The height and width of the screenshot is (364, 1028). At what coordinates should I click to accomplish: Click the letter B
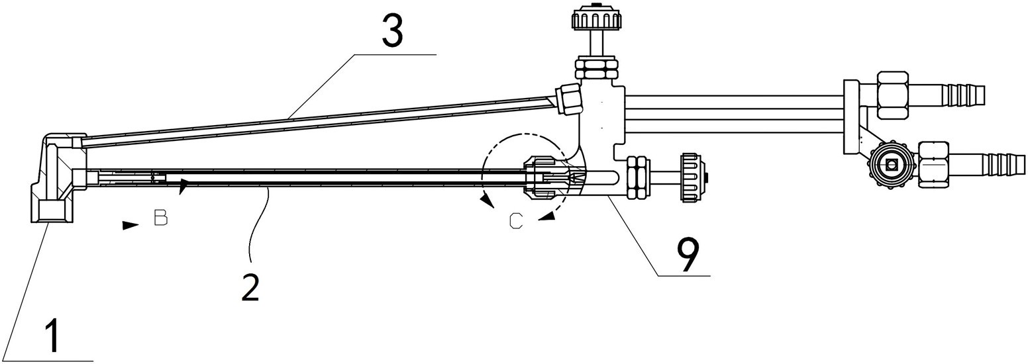pyautogui.click(x=160, y=217)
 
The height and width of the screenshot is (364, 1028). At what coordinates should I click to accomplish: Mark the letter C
pyautogui.click(x=516, y=222)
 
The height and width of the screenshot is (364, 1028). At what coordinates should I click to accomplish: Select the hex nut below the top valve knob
pyautogui.click(x=596, y=68)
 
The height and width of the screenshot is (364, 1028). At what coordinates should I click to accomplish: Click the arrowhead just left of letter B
pyautogui.click(x=130, y=224)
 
